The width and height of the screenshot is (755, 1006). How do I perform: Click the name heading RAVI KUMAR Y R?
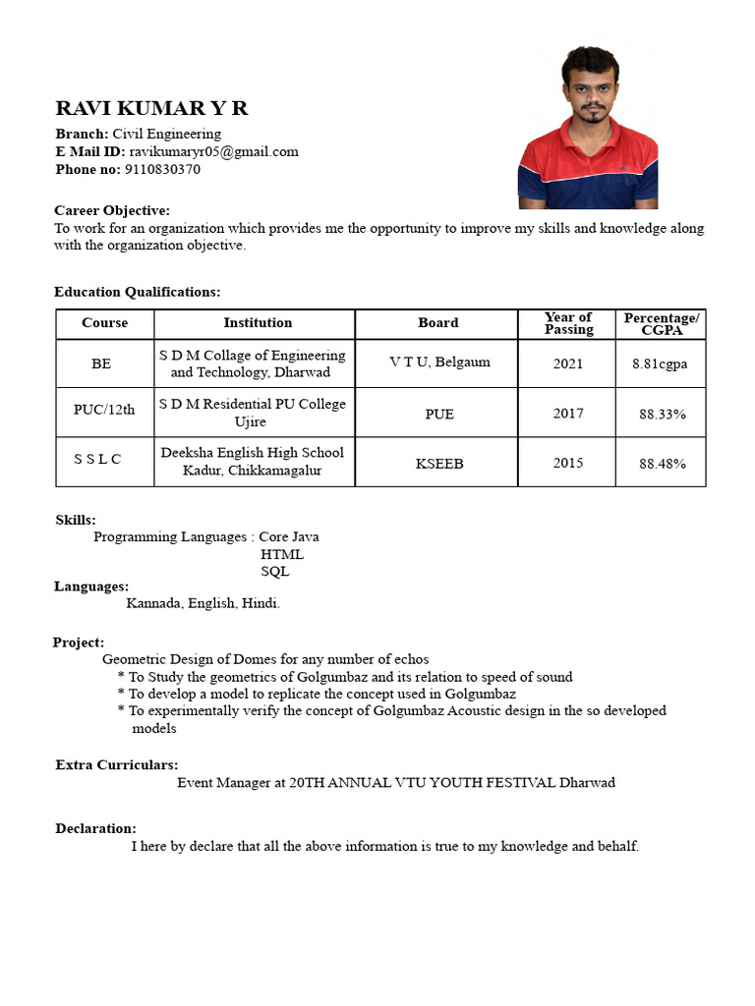(x=151, y=108)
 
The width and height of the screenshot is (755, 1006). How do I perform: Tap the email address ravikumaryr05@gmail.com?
(x=213, y=151)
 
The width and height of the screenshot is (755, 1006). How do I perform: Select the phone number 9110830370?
(x=162, y=169)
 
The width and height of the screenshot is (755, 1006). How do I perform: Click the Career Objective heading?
(x=112, y=210)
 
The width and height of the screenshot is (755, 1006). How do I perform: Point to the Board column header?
(x=437, y=323)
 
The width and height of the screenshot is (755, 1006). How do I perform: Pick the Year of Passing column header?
(x=568, y=323)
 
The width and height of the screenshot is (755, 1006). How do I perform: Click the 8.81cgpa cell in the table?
(x=660, y=363)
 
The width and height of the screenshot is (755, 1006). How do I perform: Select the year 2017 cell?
(x=568, y=414)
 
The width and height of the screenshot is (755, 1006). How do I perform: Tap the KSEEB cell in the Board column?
(x=438, y=464)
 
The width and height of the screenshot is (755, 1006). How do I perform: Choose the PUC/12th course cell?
(x=104, y=410)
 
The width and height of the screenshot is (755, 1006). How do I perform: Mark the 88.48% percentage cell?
(x=662, y=464)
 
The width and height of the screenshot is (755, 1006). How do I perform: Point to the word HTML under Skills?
(x=282, y=554)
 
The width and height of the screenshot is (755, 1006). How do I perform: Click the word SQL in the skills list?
(x=275, y=572)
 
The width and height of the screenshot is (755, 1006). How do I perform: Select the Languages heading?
(x=91, y=587)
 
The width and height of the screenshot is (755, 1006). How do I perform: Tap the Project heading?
(x=79, y=643)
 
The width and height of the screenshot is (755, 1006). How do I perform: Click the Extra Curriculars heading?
(x=117, y=764)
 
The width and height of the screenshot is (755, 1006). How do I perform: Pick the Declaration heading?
(x=96, y=828)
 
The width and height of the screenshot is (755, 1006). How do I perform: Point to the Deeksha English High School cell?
(x=253, y=462)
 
